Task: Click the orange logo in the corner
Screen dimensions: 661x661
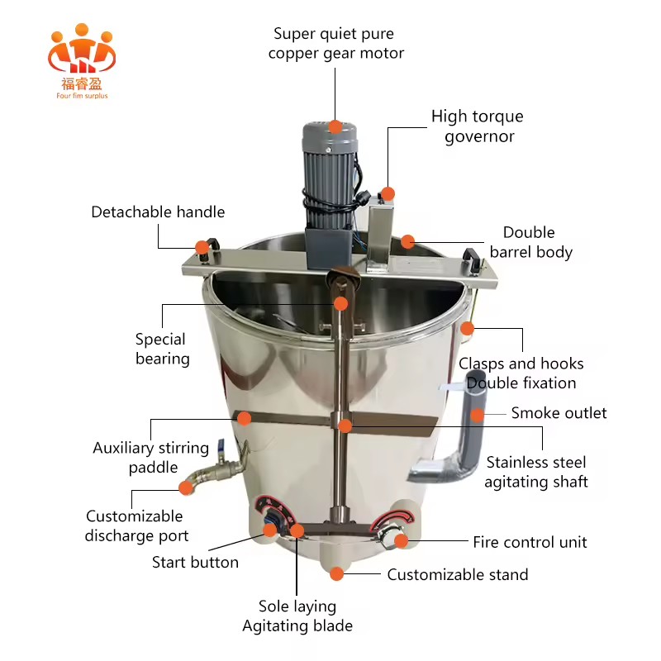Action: pyautogui.click(x=81, y=61)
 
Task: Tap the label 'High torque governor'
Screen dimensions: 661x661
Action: pyautogui.click(x=478, y=126)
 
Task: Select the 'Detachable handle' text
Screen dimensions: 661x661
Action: pyautogui.click(x=158, y=212)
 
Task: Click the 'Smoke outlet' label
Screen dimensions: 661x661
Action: pyautogui.click(x=559, y=413)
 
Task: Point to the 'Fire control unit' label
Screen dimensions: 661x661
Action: pyautogui.click(x=530, y=542)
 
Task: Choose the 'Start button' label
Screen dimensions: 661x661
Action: pyautogui.click(x=195, y=563)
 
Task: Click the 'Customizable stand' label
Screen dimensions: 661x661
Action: pyautogui.click(x=458, y=574)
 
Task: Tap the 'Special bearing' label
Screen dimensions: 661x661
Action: pyautogui.click(x=162, y=349)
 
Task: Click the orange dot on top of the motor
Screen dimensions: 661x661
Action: pyautogui.click(x=335, y=127)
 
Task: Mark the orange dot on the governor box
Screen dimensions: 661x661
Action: pyautogui.click(x=388, y=194)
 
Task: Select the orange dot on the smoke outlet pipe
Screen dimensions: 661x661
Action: pyautogui.click(x=478, y=416)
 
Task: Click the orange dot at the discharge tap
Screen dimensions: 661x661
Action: pyautogui.click(x=186, y=487)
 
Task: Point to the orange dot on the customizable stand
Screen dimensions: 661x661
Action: pyautogui.click(x=336, y=573)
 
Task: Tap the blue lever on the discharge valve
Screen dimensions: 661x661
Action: pyautogui.click(x=221, y=447)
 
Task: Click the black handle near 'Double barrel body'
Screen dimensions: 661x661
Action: pyautogui.click(x=472, y=256)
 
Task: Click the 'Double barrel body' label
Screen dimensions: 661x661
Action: pyautogui.click(x=531, y=242)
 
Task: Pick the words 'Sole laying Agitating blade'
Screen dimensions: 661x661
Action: pyautogui.click(x=297, y=616)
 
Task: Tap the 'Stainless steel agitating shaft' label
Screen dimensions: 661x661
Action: pyautogui.click(x=536, y=472)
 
